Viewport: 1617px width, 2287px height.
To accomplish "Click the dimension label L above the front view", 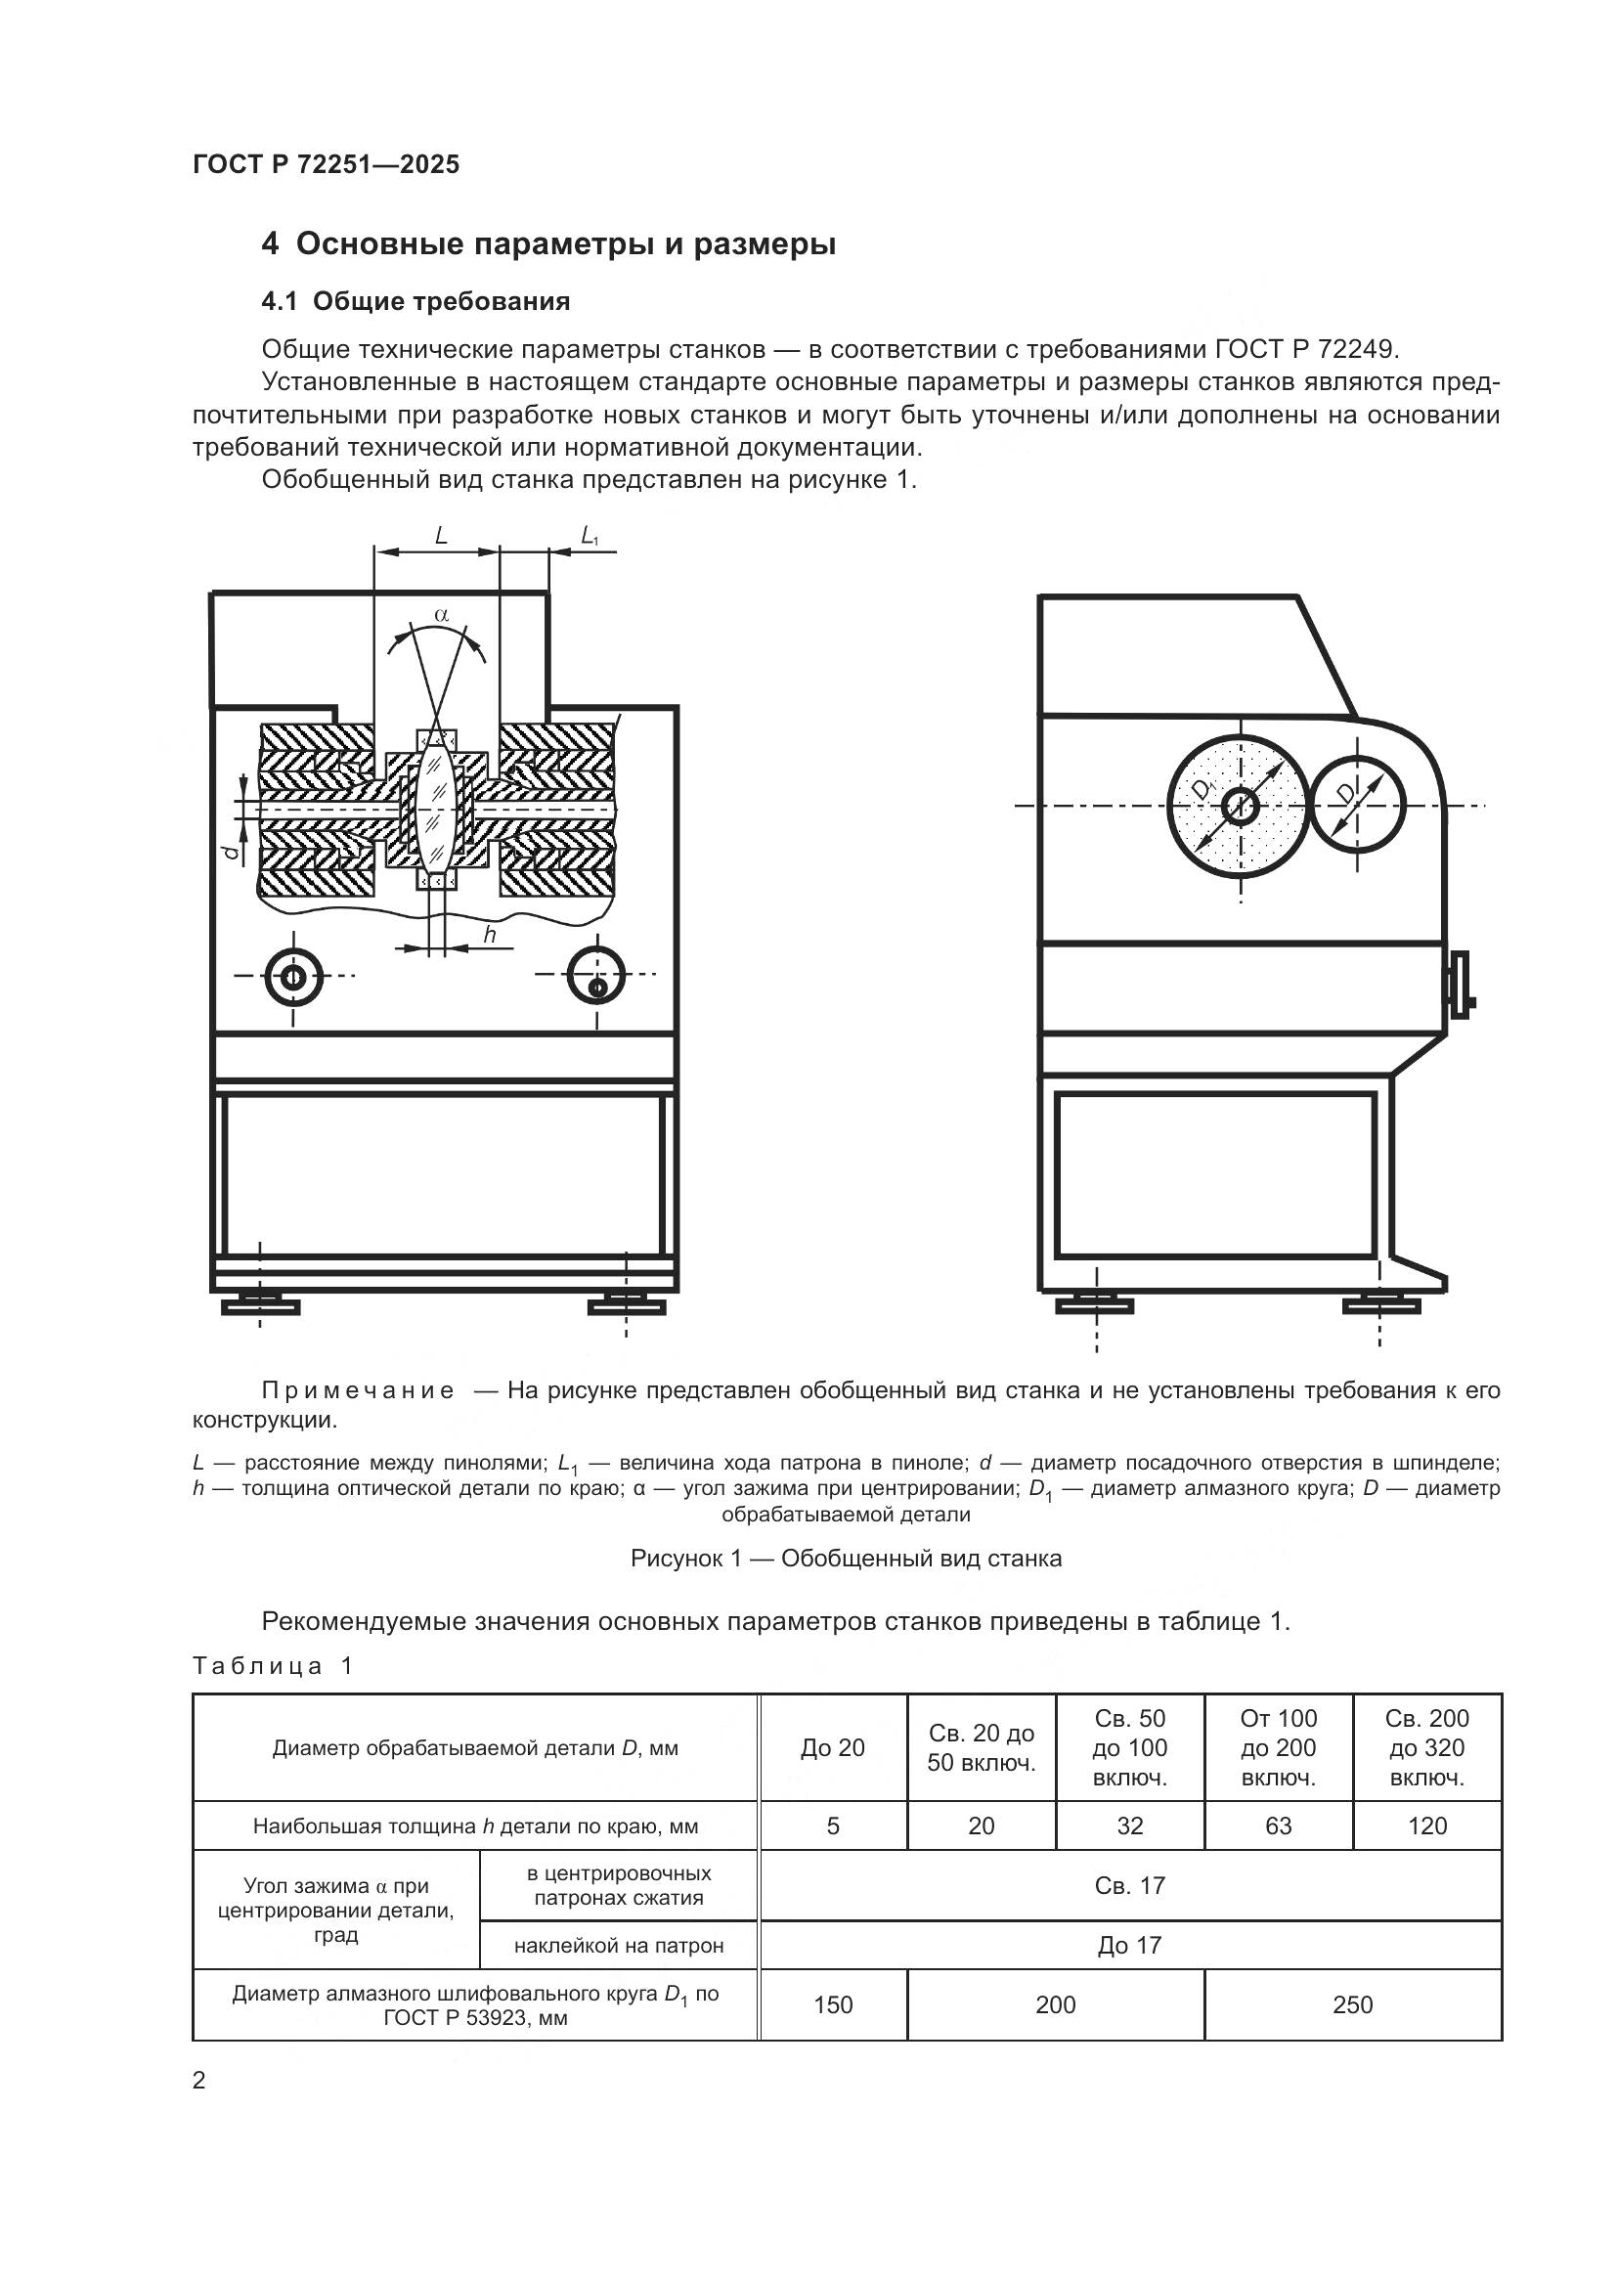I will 440,535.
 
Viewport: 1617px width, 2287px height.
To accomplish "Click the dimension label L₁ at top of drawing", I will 589,536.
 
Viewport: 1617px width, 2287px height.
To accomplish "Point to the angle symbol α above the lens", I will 441,616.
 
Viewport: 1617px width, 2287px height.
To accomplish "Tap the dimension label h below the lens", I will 489,934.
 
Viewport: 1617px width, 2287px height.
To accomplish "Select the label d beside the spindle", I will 231,850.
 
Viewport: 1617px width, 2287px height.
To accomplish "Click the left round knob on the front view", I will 293,976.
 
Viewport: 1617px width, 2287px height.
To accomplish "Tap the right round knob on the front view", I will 595,976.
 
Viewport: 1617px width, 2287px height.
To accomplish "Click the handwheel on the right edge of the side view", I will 1460,986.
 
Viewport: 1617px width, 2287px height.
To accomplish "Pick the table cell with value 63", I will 1278,1825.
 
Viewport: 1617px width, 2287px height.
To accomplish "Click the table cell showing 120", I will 1425,1825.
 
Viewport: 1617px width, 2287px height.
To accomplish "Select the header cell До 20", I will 832,1748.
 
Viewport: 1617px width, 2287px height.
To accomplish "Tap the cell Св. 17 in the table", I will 1129,1885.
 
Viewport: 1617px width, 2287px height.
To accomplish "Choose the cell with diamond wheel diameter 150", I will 832,2004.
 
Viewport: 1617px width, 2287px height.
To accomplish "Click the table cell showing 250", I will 1351,2004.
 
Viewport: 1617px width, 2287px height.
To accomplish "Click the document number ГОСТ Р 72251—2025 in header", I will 326,164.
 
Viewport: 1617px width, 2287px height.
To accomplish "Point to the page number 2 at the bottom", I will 199,2080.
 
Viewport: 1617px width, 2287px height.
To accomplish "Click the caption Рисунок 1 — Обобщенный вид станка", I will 846,1558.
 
